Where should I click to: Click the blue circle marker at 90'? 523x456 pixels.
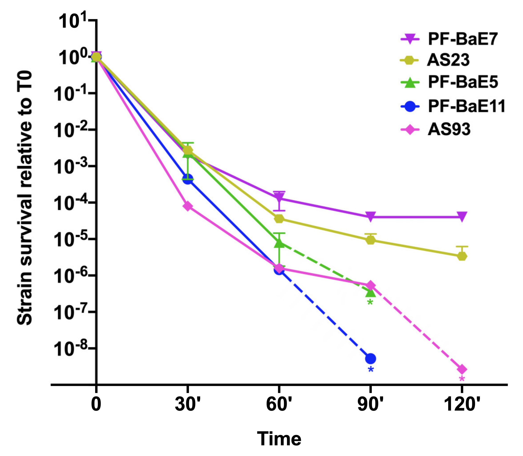(371, 359)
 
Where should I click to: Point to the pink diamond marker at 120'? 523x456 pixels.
(462, 369)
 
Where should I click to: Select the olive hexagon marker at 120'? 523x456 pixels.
(462, 256)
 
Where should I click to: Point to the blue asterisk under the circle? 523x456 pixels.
(371, 370)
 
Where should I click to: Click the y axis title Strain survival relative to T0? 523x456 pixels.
(25, 198)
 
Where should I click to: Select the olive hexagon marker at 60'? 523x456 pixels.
(279, 219)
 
